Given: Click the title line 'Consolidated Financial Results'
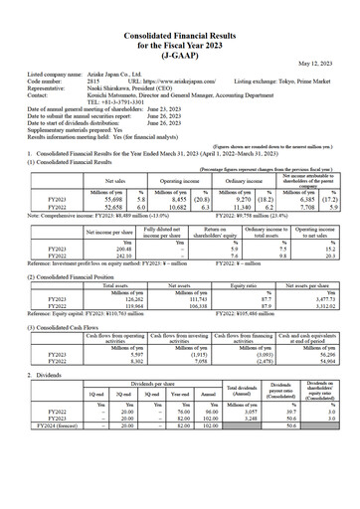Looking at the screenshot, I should click(x=179, y=9).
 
